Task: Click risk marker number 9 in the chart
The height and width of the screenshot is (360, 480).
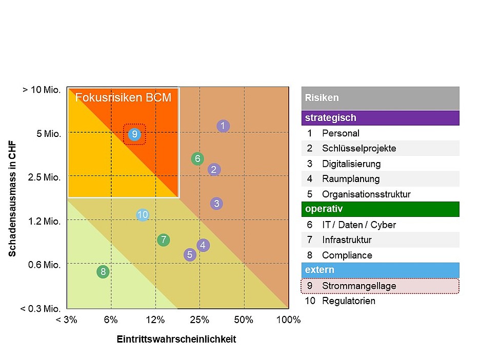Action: coord(134,134)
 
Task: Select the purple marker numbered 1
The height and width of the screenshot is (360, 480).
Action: coord(223,126)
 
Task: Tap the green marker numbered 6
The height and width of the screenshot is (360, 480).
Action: coord(197,159)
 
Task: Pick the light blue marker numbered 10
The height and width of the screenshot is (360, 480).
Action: coord(143,215)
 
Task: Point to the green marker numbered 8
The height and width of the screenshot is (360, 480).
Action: coord(103,272)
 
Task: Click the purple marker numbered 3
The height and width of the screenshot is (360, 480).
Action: coord(216,204)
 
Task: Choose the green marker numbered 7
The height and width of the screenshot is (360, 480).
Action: coord(164,239)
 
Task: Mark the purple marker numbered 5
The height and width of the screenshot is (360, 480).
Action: coord(190,254)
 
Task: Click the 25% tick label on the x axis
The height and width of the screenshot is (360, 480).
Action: coord(199,320)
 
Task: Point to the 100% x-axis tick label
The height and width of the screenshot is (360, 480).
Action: coord(288,320)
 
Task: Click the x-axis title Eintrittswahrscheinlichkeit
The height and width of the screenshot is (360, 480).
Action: coord(176,339)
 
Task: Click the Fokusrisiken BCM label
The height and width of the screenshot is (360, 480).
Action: coord(123,97)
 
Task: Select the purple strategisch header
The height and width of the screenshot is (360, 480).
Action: coord(380,118)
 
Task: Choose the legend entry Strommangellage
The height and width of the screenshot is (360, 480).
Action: coord(359,286)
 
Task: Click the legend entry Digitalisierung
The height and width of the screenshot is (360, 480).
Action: coord(351,164)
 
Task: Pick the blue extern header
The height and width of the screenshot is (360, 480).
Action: coord(380,270)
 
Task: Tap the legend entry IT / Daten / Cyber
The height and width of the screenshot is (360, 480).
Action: coord(359,225)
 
